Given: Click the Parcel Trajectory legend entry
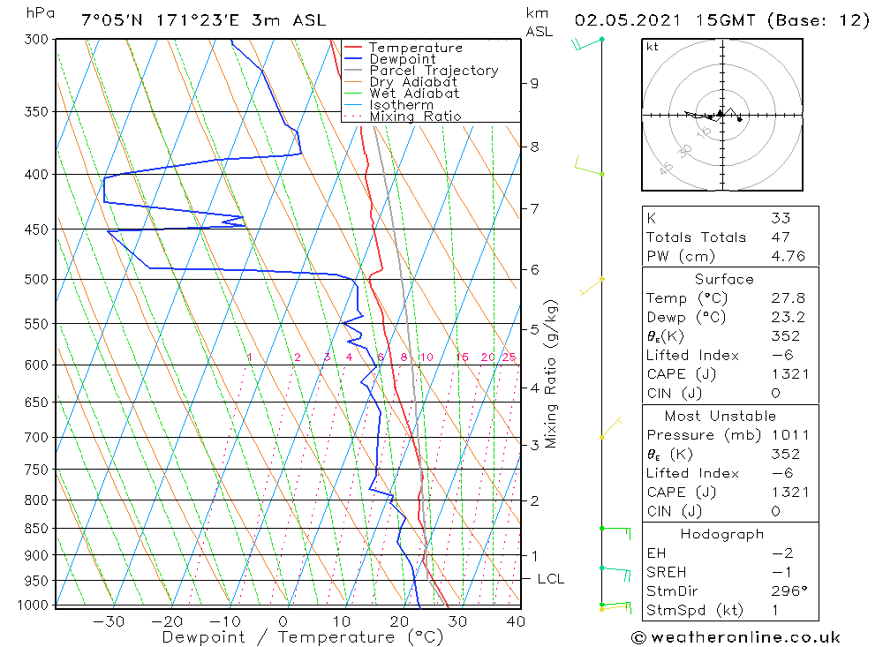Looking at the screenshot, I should tap(433, 71).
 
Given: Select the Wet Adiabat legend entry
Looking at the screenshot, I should tap(413, 94).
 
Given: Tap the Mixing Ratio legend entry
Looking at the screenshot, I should tap(415, 117).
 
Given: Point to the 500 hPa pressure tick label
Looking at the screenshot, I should tap(38, 280).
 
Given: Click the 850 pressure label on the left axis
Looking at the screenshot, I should tap(38, 529).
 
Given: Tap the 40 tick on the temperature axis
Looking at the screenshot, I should tap(516, 621).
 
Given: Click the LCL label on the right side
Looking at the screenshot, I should tap(550, 579).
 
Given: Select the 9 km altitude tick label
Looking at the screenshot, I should tap(534, 83).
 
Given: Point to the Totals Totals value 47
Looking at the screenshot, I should tap(780, 237).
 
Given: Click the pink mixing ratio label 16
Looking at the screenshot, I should tap(462, 357).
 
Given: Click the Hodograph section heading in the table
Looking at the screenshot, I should tap(722, 534).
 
